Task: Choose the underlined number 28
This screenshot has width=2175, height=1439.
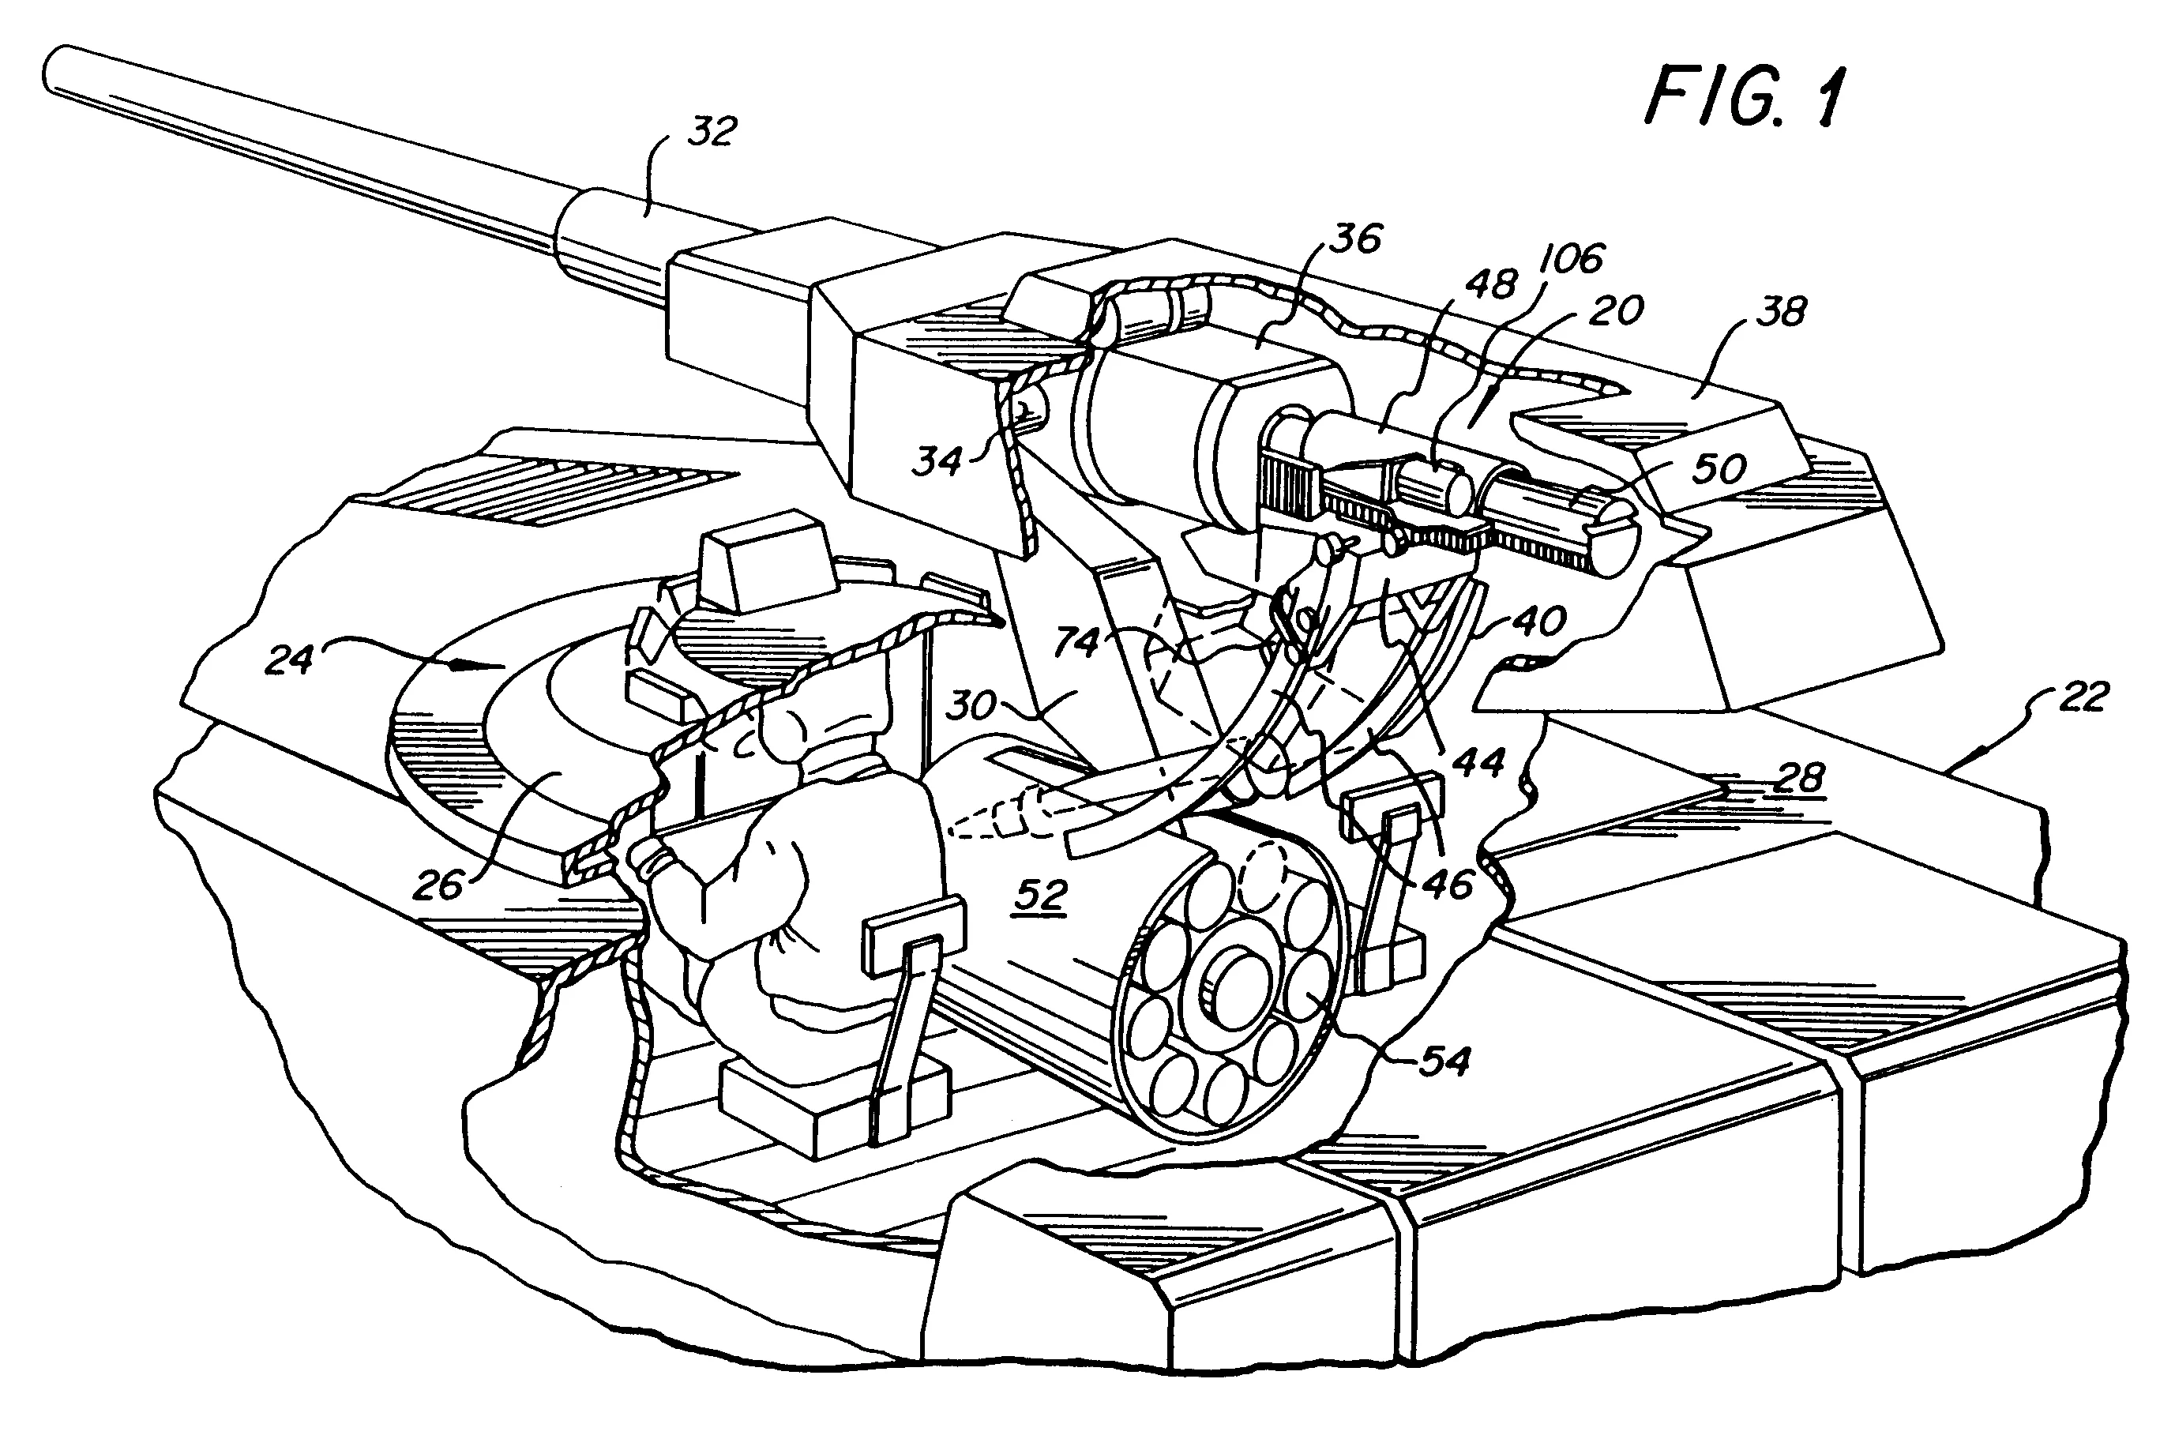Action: click(1799, 777)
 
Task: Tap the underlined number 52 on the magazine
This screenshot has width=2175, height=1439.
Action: click(1040, 895)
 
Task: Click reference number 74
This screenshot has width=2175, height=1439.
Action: click(1077, 641)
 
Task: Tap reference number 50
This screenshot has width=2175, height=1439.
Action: click(1719, 469)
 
